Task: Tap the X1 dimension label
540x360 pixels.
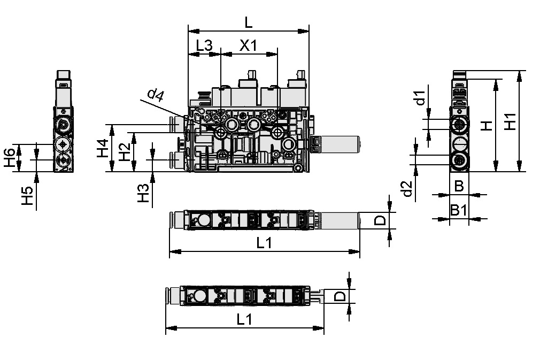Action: point(248,46)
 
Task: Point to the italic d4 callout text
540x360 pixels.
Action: point(155,95)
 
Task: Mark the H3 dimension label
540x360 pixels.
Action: point(143,193)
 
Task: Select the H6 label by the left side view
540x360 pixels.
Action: point(9,158)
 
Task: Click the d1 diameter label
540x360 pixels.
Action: point(421,98)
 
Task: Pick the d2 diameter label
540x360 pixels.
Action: point(407,189)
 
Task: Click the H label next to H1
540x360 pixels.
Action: point(485,126)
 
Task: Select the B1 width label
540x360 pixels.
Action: point(458,210)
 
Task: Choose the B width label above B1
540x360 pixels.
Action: point(459,186)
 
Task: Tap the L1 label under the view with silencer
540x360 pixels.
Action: point(264,243)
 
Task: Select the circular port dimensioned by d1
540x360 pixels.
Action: point(459,125)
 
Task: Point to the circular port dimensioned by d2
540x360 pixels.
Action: point(459,160)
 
